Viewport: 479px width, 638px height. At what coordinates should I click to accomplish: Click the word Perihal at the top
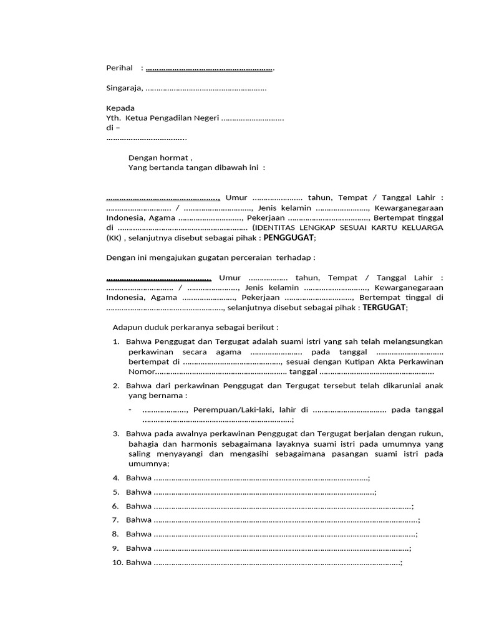point(120,68)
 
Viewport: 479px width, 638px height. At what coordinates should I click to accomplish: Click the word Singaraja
point(124,88)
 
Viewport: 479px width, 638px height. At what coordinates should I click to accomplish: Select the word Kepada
point(120,108)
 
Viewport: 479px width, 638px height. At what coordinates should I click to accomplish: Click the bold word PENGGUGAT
point(289,237)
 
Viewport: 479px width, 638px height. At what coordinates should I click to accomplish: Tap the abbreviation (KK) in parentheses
point(114,237)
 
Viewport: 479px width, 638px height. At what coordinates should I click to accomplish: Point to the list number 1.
point(116,341)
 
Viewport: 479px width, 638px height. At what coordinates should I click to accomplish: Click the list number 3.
point(116,433)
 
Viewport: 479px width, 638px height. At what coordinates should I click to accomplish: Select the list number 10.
point(118,563)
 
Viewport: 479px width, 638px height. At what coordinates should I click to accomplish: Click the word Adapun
point(127,327)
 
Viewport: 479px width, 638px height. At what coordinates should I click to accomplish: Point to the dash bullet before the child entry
point(130,409)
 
